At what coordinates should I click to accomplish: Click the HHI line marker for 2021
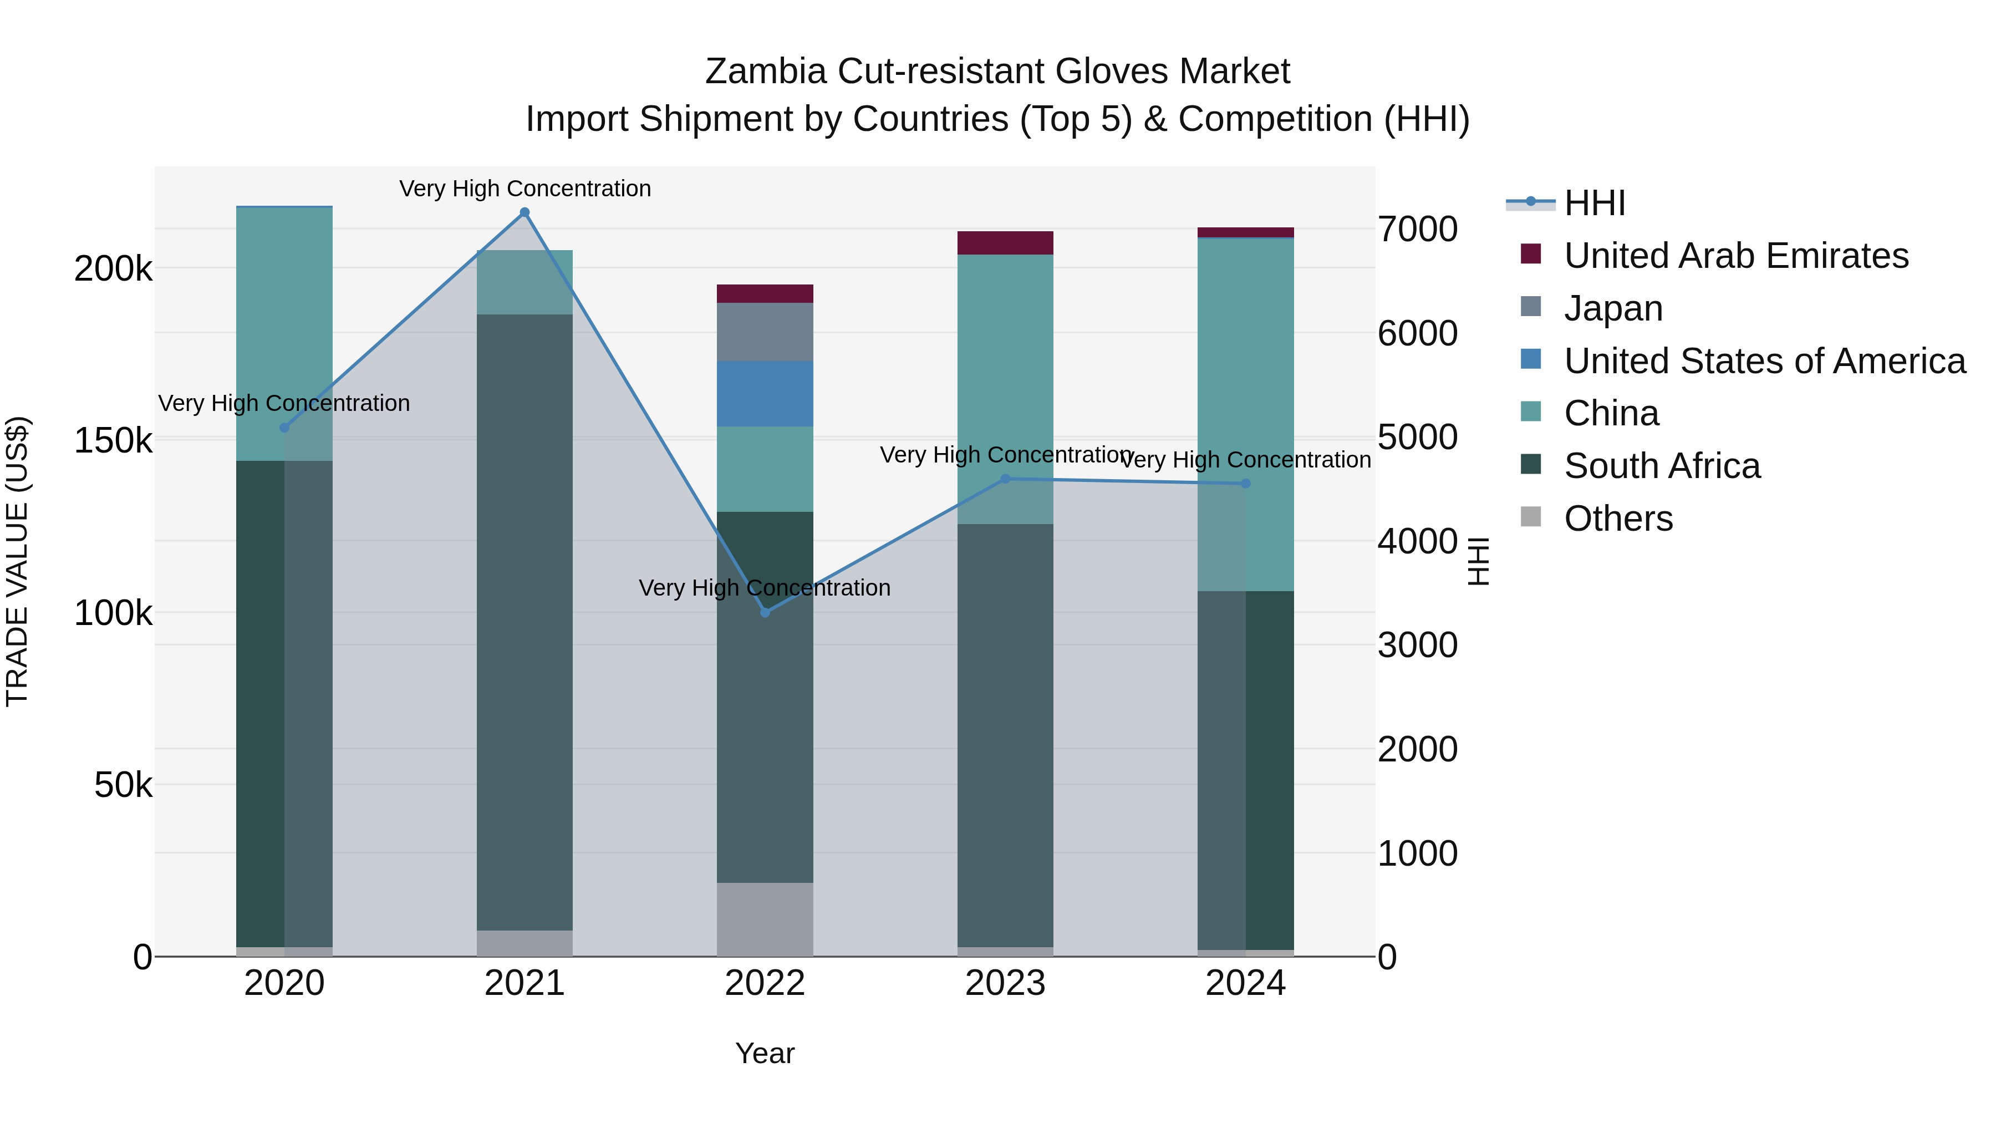(525, 212)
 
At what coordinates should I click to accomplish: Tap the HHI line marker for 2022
(765, 612)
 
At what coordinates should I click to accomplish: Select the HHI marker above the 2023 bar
(1006, 479)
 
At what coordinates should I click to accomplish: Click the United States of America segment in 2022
(765, 394)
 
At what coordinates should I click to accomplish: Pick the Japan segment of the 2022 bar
(765, 332)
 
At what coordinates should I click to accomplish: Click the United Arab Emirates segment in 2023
(1005, 242)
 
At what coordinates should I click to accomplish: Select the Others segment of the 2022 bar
(765, 919)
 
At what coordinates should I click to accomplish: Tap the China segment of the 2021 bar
(525, 282)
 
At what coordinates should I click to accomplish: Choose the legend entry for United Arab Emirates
(1735, 256)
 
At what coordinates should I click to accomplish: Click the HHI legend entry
(1594, 203)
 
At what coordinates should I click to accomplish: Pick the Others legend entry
(1618, 519)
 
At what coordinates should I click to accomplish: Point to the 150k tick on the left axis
(113, 441)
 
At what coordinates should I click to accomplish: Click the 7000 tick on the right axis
(1417, 230)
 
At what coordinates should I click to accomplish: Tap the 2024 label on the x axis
(1245, 983)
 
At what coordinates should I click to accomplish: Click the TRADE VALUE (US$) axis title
(17, 561)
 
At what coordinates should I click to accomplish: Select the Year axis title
(765, 1053)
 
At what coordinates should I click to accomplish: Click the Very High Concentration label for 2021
(525, 189)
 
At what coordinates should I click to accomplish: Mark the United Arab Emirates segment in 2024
(1245, 232)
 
